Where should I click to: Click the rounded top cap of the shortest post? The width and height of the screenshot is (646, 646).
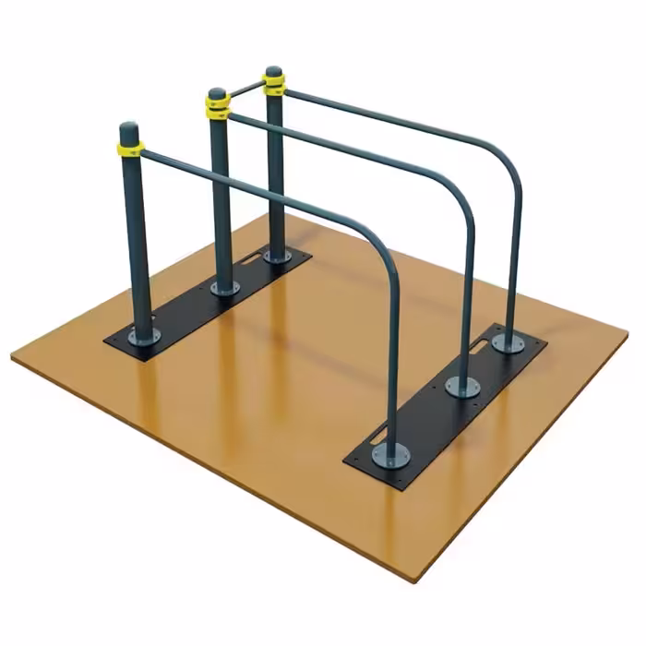pyautogui.click(x=129, y=127)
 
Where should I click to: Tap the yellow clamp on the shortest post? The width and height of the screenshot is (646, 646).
pyautogui.click(x=130, y=147)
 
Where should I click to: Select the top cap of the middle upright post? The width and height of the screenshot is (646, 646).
pyautogui.click(x=217, y=94)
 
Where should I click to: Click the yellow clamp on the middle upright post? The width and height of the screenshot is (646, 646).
pyautogui.click(x=218, y=110)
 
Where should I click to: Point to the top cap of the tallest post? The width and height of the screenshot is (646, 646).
pyautogui.click(x=273, y=71)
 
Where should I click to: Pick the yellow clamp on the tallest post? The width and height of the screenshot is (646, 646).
pyautogui.click(x=274, y=86)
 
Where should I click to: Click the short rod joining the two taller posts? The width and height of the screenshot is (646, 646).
pyautogui.click(x=245, y=90)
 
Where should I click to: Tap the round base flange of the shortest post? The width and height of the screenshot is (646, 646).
pyautogui.click(x=143, y=335)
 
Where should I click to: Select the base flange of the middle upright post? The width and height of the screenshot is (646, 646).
pyautogui.click(x=225, y=288)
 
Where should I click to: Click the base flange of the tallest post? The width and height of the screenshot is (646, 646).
pyautogui.click(x=277, y=256)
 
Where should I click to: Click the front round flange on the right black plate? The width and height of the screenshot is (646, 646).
pyautogui.click(x=391, y=454)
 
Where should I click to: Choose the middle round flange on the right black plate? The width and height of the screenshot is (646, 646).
pyautogui.click(x=463, y=386)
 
